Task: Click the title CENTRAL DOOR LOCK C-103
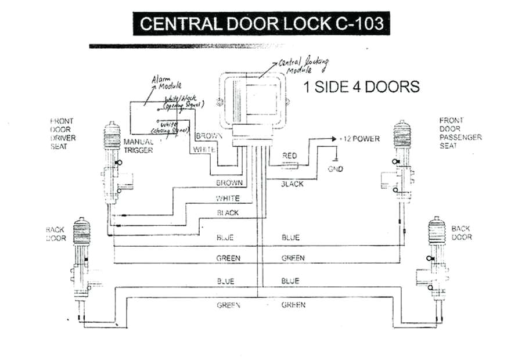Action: [258, 24]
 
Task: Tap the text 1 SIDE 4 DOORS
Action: [361, 87]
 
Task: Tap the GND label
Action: [336, 169]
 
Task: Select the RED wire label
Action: [290, 156]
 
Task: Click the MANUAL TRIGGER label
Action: [138, 146]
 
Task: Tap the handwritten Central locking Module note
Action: [303, 64]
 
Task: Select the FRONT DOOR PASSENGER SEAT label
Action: [460, 133]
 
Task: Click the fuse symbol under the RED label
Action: [290, 165]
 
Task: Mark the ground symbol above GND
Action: [335, 159]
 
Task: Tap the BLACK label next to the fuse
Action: [292, 183]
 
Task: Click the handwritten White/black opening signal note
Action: [181, 102]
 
